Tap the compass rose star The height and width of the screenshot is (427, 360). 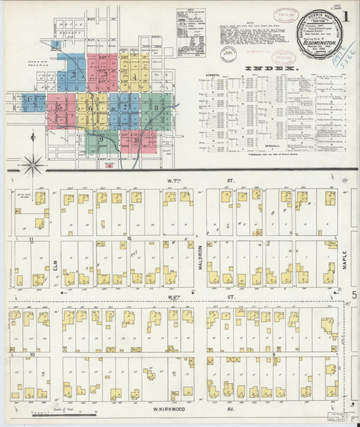pyautogui.click(x=32, y=163)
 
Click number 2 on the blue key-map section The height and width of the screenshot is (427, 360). pyautogui.click(x=74, y=74)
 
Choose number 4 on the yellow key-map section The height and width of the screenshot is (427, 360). pyautogui.click(x=135, y=76)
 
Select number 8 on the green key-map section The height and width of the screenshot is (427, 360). pyautogui.click(x=156, y=107)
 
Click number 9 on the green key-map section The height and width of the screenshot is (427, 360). pyautogui.click(x=101, y=139)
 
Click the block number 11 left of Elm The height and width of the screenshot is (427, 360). pyautogui.click(x=31, y=239)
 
